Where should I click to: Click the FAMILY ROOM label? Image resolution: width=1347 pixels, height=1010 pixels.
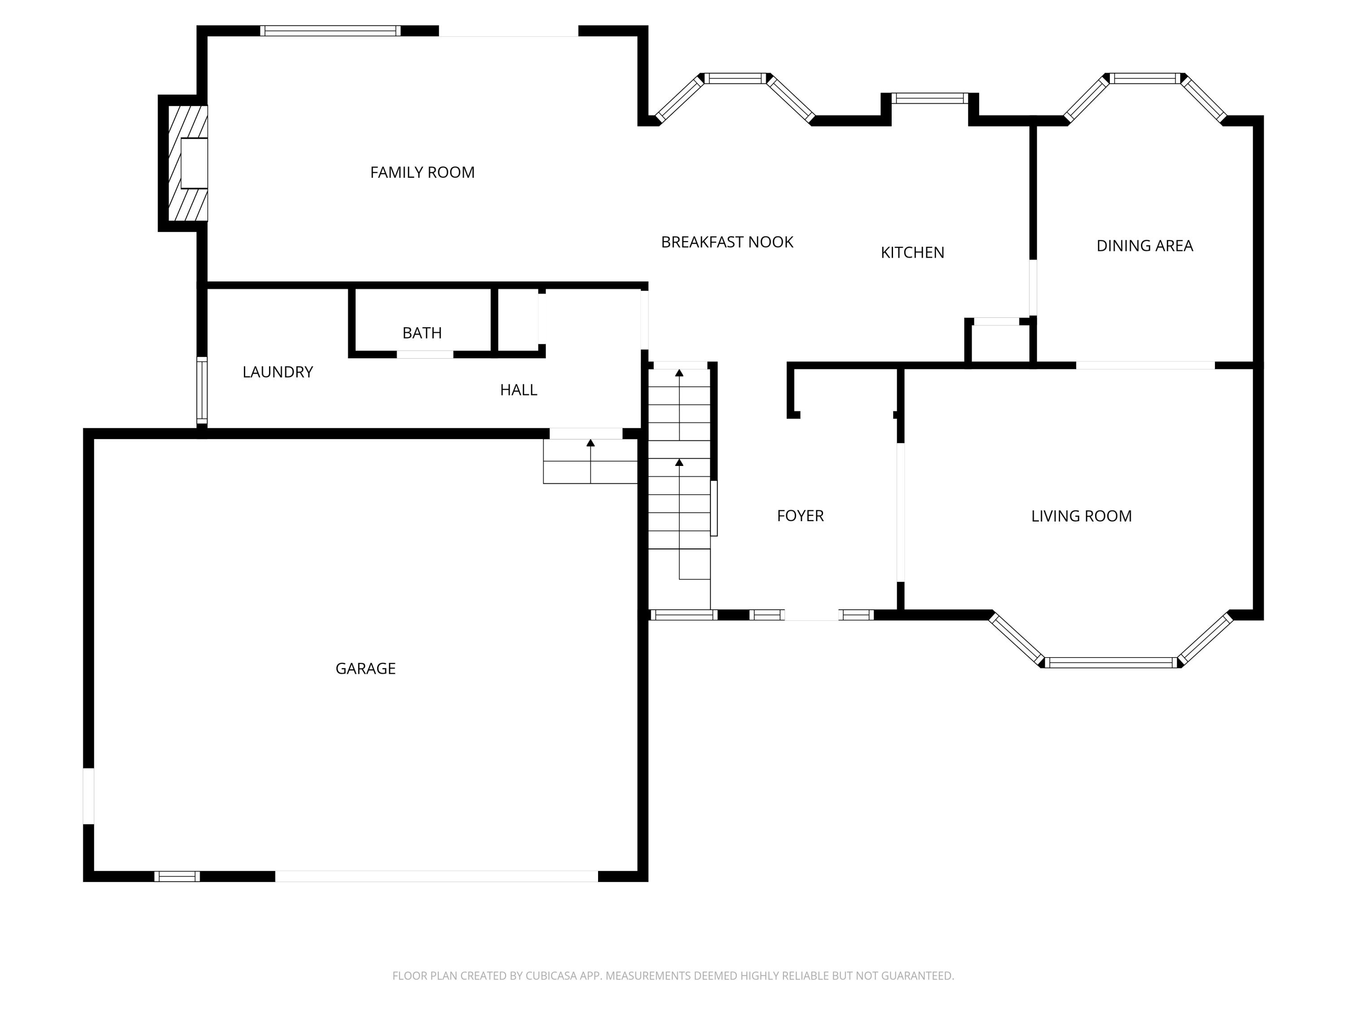pos(422,172)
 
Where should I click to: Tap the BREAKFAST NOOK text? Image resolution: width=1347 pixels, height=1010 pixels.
pos(726,242)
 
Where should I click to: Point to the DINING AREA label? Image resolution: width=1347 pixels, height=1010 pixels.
pos(1144,246)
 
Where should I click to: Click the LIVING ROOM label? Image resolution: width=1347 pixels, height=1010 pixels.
pos(1081,516)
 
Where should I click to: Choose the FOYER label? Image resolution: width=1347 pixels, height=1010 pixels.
pos(800,516)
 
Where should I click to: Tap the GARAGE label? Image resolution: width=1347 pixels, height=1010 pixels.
pos(365,668)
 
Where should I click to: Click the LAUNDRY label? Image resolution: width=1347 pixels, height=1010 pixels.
pos(277,372)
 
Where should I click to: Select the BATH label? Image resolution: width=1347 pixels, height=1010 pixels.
pos(422,333)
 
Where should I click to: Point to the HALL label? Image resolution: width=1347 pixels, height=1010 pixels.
pos(518,390)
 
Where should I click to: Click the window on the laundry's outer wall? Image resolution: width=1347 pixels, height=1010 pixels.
pos(202,390)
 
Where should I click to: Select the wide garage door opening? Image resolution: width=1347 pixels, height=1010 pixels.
pos(436,876)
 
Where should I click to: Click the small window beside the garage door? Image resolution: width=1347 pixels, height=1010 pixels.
pos(176,876)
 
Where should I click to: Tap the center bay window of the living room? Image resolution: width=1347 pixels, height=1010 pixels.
pos(1111,663)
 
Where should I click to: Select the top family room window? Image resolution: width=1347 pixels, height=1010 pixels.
pos(330,31)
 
